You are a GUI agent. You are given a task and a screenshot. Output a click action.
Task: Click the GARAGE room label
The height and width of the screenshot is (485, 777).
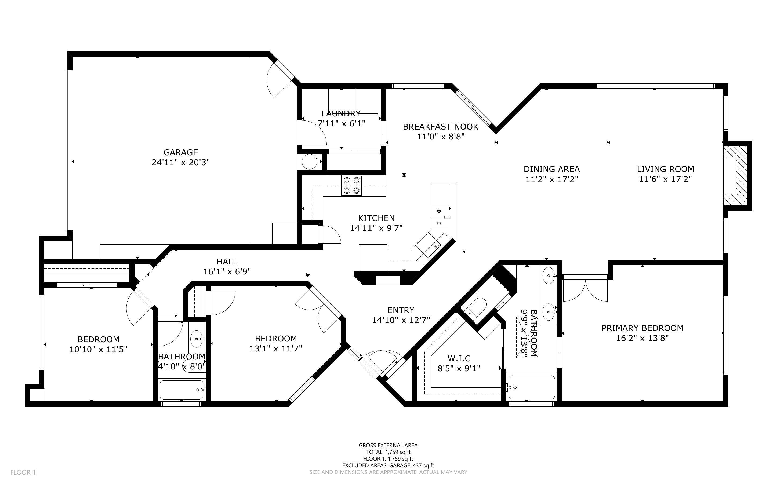[181, 152]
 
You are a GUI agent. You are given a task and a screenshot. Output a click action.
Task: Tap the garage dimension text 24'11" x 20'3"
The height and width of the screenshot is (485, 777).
[181, 162]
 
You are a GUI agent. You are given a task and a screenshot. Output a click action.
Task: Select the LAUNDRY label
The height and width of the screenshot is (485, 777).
[341, 113]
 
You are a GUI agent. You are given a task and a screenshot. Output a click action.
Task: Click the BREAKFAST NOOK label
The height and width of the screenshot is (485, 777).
[441, 127]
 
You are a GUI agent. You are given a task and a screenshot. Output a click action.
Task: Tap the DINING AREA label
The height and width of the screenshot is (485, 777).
[552, 169]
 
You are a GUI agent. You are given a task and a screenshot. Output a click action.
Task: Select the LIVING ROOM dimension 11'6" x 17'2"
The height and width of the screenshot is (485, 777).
[665, 179]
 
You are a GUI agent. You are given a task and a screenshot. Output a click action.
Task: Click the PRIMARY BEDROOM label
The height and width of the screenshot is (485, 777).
[642, 328]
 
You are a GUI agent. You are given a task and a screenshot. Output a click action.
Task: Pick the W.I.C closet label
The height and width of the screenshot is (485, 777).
[459, 358]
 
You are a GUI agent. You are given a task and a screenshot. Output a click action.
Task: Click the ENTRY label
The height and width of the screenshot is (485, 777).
[401, 310]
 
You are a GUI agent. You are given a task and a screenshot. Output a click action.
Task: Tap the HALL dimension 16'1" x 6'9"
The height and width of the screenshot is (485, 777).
[227, 272]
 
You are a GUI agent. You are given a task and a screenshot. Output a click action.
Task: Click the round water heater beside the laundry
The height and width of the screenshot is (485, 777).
[309, 162]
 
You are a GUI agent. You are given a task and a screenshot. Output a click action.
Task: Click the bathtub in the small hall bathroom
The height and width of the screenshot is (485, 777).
[182, 390]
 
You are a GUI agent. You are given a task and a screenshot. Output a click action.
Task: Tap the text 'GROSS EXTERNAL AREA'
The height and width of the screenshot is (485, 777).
[388, 445]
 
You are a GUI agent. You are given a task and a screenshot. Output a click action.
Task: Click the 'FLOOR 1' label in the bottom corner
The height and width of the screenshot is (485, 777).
[23, 472]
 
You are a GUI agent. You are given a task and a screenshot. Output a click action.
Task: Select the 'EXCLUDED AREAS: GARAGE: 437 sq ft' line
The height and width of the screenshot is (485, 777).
[388, 465]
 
